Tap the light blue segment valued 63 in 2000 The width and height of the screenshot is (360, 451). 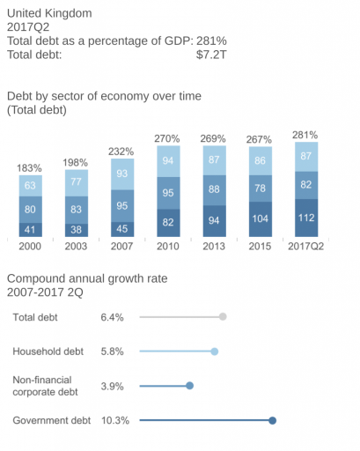click(31, 186)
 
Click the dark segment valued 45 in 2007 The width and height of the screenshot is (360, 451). click(122, 229)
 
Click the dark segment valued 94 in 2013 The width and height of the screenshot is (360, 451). click(214, 221)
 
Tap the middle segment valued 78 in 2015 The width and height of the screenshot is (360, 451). click(260, 189)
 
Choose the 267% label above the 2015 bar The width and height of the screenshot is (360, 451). click(260, 139)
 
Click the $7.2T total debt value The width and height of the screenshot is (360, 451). click(212, 54)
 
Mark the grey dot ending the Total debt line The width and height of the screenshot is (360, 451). click(223, 317)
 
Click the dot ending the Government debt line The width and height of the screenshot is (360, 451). click(272, 420)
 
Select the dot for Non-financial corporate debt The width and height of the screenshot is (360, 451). click(189, 386)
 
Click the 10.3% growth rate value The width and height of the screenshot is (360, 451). click(115, 420)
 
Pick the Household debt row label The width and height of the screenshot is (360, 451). click(48, 351)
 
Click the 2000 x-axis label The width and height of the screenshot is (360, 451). click(31, 246)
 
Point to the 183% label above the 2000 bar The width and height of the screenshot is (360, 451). click(31, 167)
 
